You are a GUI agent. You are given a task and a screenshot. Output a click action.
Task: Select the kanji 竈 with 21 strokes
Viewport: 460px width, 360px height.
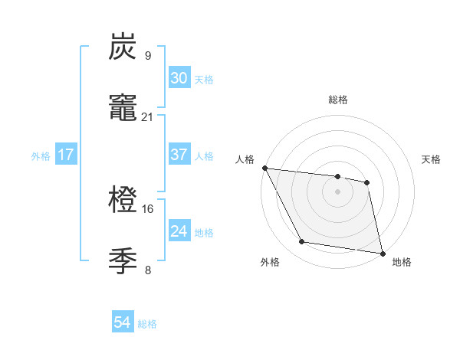(x=123, y=109)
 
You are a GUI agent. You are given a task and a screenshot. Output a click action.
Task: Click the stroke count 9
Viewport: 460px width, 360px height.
(x=147, y=55)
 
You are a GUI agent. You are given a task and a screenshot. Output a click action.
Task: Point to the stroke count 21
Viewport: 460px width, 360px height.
(x=148, y=117)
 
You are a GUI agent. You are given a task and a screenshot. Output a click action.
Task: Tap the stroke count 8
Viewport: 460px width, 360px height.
(x=147, y=270)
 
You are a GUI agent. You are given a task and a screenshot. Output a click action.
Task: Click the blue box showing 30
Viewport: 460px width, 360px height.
(x=179, y=77)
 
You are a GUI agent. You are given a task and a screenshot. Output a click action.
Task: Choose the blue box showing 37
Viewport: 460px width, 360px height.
(x=179, y=155)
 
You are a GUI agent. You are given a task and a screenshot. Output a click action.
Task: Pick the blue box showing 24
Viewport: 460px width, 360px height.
(x=179, y=231)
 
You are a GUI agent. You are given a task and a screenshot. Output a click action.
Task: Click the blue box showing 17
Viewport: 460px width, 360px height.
(x=66, y=155)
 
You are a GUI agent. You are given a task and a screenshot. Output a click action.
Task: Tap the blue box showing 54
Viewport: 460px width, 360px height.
(x=122, y=322)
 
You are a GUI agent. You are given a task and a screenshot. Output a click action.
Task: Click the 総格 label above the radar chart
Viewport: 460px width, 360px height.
(x=338, y=100)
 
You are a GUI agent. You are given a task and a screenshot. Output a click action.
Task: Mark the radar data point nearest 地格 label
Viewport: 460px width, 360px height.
(x=382, y=253)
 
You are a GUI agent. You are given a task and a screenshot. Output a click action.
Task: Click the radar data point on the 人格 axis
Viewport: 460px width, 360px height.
(x=264, y=168)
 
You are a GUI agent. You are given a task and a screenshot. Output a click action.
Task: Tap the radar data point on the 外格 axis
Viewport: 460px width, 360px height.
(x=302, y=242)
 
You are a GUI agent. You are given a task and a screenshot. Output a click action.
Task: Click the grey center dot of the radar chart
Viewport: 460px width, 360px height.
(x=338, y=191)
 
